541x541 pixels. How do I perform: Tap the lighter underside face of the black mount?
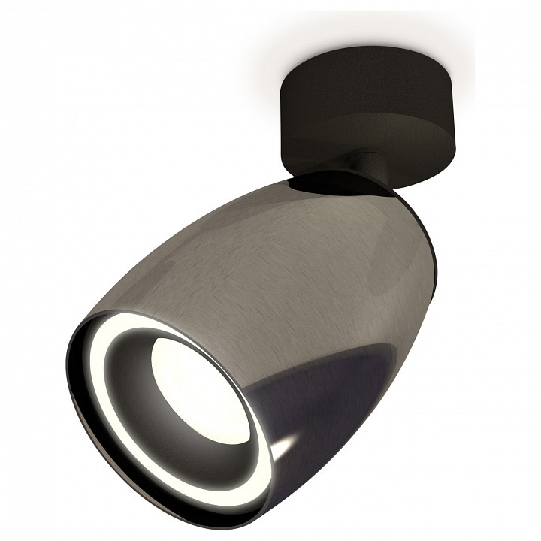coord(391,158)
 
